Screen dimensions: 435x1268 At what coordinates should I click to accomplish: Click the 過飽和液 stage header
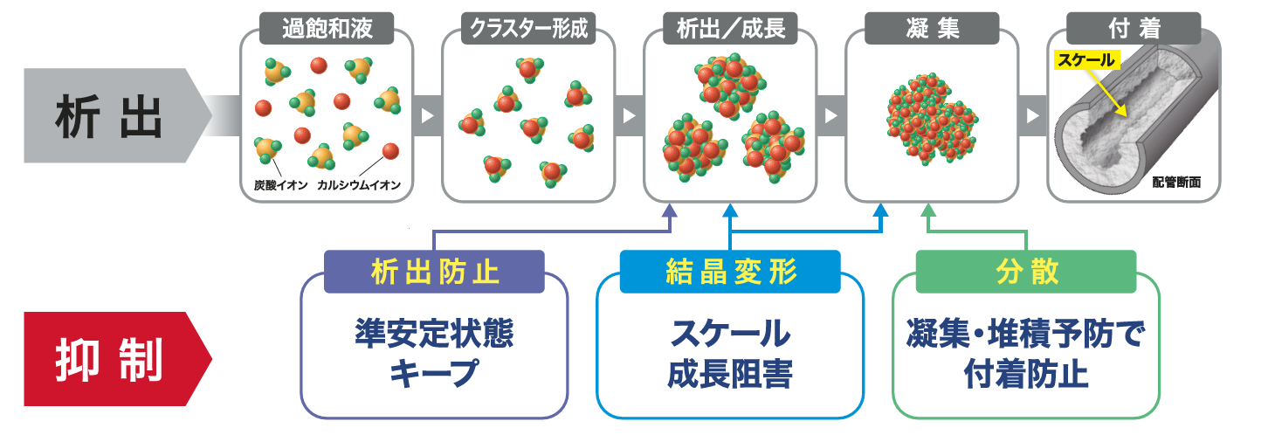click(327, 29)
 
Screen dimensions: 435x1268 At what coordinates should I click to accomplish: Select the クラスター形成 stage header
click(529, 29)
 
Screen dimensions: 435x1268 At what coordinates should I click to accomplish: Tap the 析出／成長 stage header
click(731, 29)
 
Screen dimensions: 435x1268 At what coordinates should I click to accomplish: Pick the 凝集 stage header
click(933, 29)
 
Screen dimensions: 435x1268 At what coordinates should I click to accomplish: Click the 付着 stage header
click(1134, 29)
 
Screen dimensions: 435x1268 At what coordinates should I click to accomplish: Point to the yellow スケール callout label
click(1085, 60)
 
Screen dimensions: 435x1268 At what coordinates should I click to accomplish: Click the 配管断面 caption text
click(1176, 183)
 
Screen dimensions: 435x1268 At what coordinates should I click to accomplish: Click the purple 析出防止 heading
click(434, 272)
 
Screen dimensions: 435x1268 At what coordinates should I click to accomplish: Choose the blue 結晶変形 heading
click(730, 272)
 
